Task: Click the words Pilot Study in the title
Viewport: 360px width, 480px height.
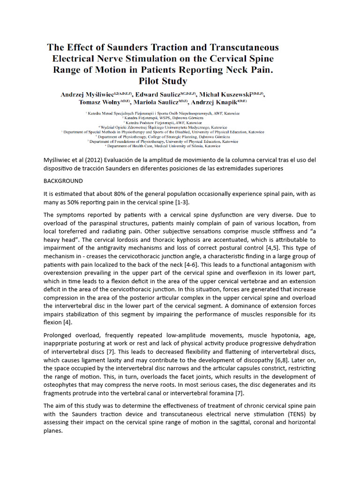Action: [163, 81]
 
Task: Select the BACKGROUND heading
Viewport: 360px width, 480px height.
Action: [63, 181]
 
